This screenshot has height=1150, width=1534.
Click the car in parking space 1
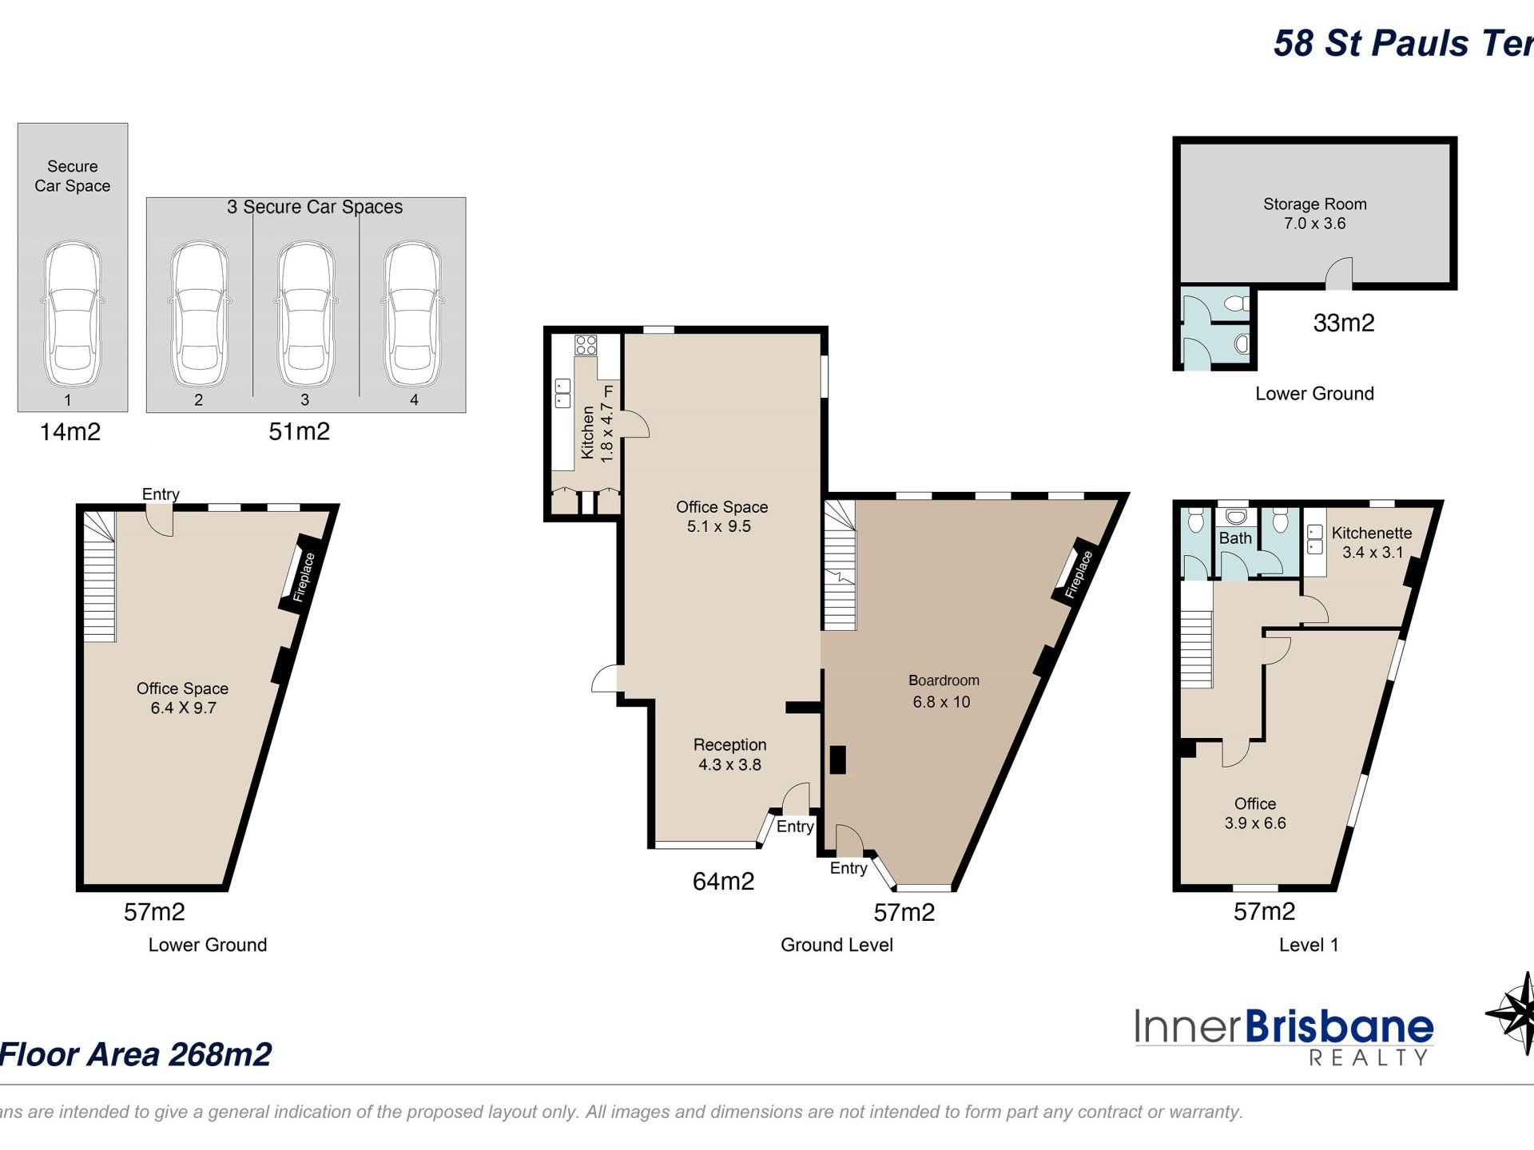click(x=72, y=315)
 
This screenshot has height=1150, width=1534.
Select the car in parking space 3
click(x=305, y=315)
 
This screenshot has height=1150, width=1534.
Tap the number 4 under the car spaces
click(x=414, y=400)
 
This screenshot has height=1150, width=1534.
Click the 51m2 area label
click(x=299, y=432)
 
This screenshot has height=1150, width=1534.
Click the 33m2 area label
click(x=1344, y=323)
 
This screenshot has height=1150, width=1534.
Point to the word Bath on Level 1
click(x=1235, y=538)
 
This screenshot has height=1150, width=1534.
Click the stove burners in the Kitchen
click(x=586, y=345)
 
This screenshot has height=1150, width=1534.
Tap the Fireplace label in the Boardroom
click(x=1078, y=573)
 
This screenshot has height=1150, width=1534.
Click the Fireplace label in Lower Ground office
click(x=304, y=577)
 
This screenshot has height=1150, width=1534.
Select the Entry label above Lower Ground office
click(x=161, y=494)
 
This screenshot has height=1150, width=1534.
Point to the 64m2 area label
click(x=723, y=881)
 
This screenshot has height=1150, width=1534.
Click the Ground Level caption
click(x=837, y=945)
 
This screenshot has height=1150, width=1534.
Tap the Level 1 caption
click(x=1308, y=945)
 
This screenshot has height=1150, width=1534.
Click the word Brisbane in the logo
click(x=1339, y=1027)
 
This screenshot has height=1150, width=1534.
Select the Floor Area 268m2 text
click(x=136, y=1054)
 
